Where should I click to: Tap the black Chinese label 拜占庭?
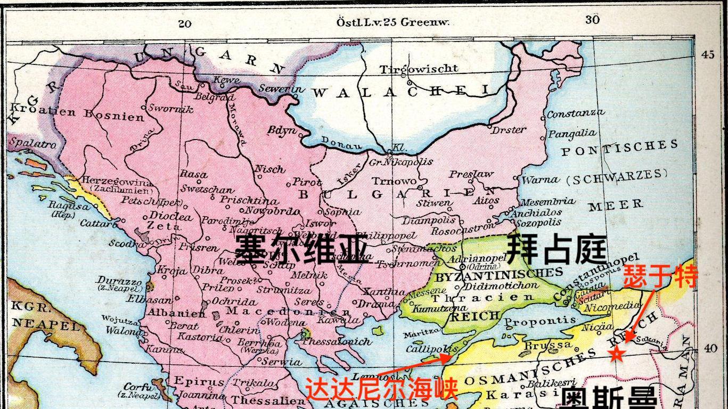pos(557,249)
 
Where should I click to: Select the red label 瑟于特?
pos(660,276)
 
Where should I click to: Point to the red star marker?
pos(617,353)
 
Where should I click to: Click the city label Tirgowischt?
pos(419,69)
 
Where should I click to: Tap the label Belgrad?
pos(215,97)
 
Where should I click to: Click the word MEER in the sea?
pos(616,204)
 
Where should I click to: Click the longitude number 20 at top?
pos(185,23)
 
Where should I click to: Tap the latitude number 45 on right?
pos(708,55)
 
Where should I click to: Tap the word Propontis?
pos(540,322)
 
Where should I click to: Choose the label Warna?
pos(540,180)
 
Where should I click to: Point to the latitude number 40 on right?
pos(710,348)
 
